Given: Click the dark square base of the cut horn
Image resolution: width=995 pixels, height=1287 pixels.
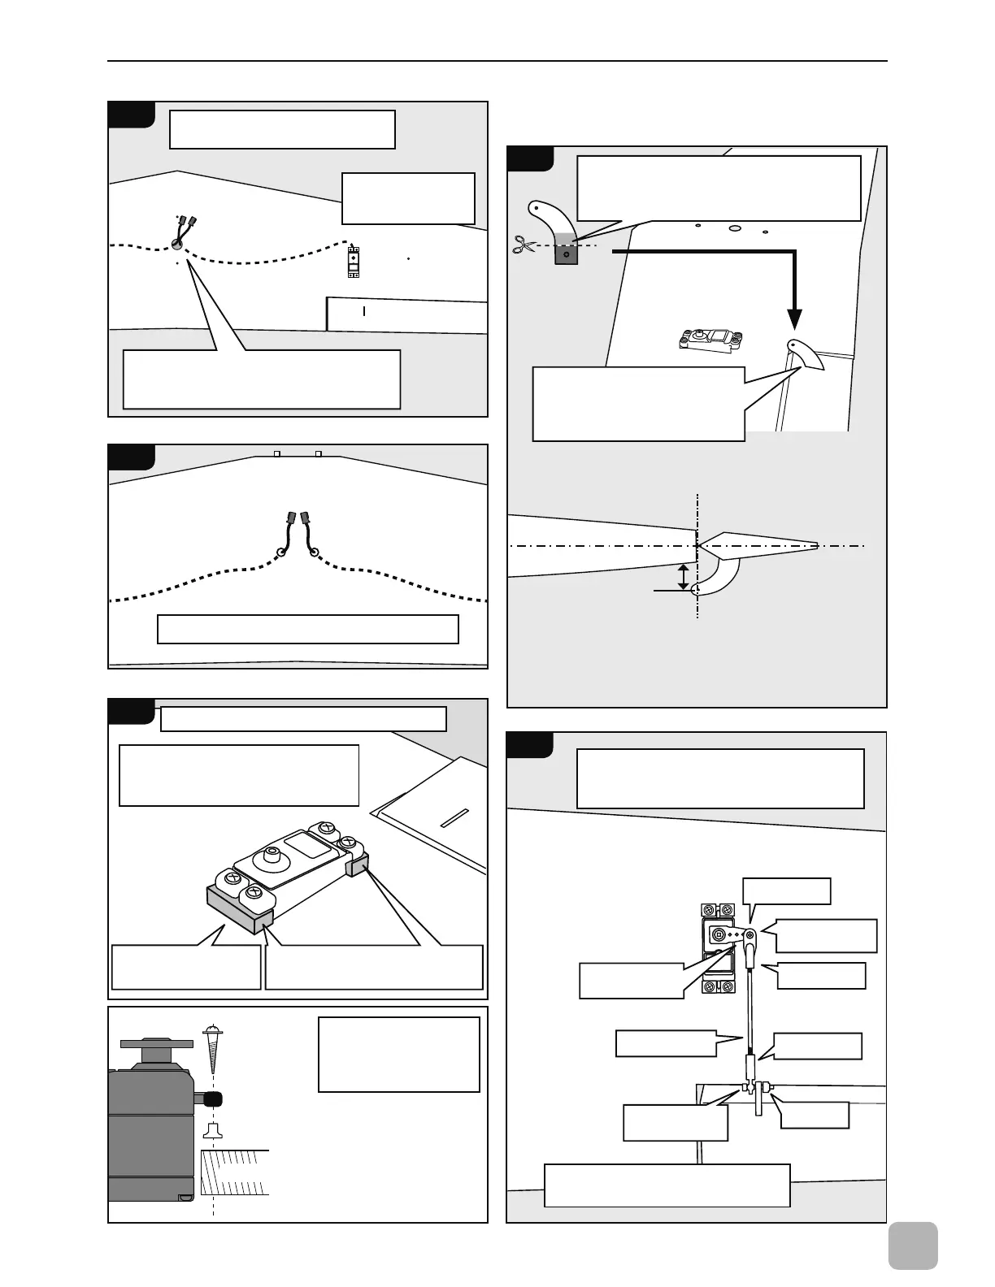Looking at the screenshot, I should [x=566, y=254].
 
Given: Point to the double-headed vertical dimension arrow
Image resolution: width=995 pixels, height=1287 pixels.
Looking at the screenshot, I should [x=684, y=575].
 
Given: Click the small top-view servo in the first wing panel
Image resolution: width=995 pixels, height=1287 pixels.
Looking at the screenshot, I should [x=354, y=261].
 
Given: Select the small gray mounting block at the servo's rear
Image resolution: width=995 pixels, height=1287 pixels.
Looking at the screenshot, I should [x=358, y=867].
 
